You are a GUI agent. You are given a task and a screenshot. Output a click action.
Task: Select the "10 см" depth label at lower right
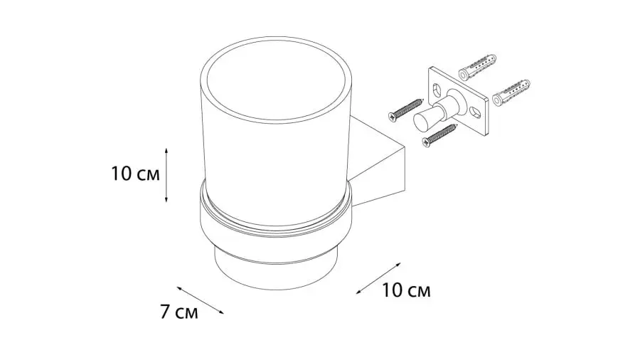click(406, 291)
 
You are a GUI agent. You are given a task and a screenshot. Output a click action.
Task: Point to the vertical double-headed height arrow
click(166, 174)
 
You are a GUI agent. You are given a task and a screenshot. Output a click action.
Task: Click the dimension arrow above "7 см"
click(201, 300)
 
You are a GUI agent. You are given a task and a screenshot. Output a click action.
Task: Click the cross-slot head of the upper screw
click(393, 116)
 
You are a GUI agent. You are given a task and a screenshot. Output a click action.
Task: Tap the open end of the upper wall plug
click(464, 75)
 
